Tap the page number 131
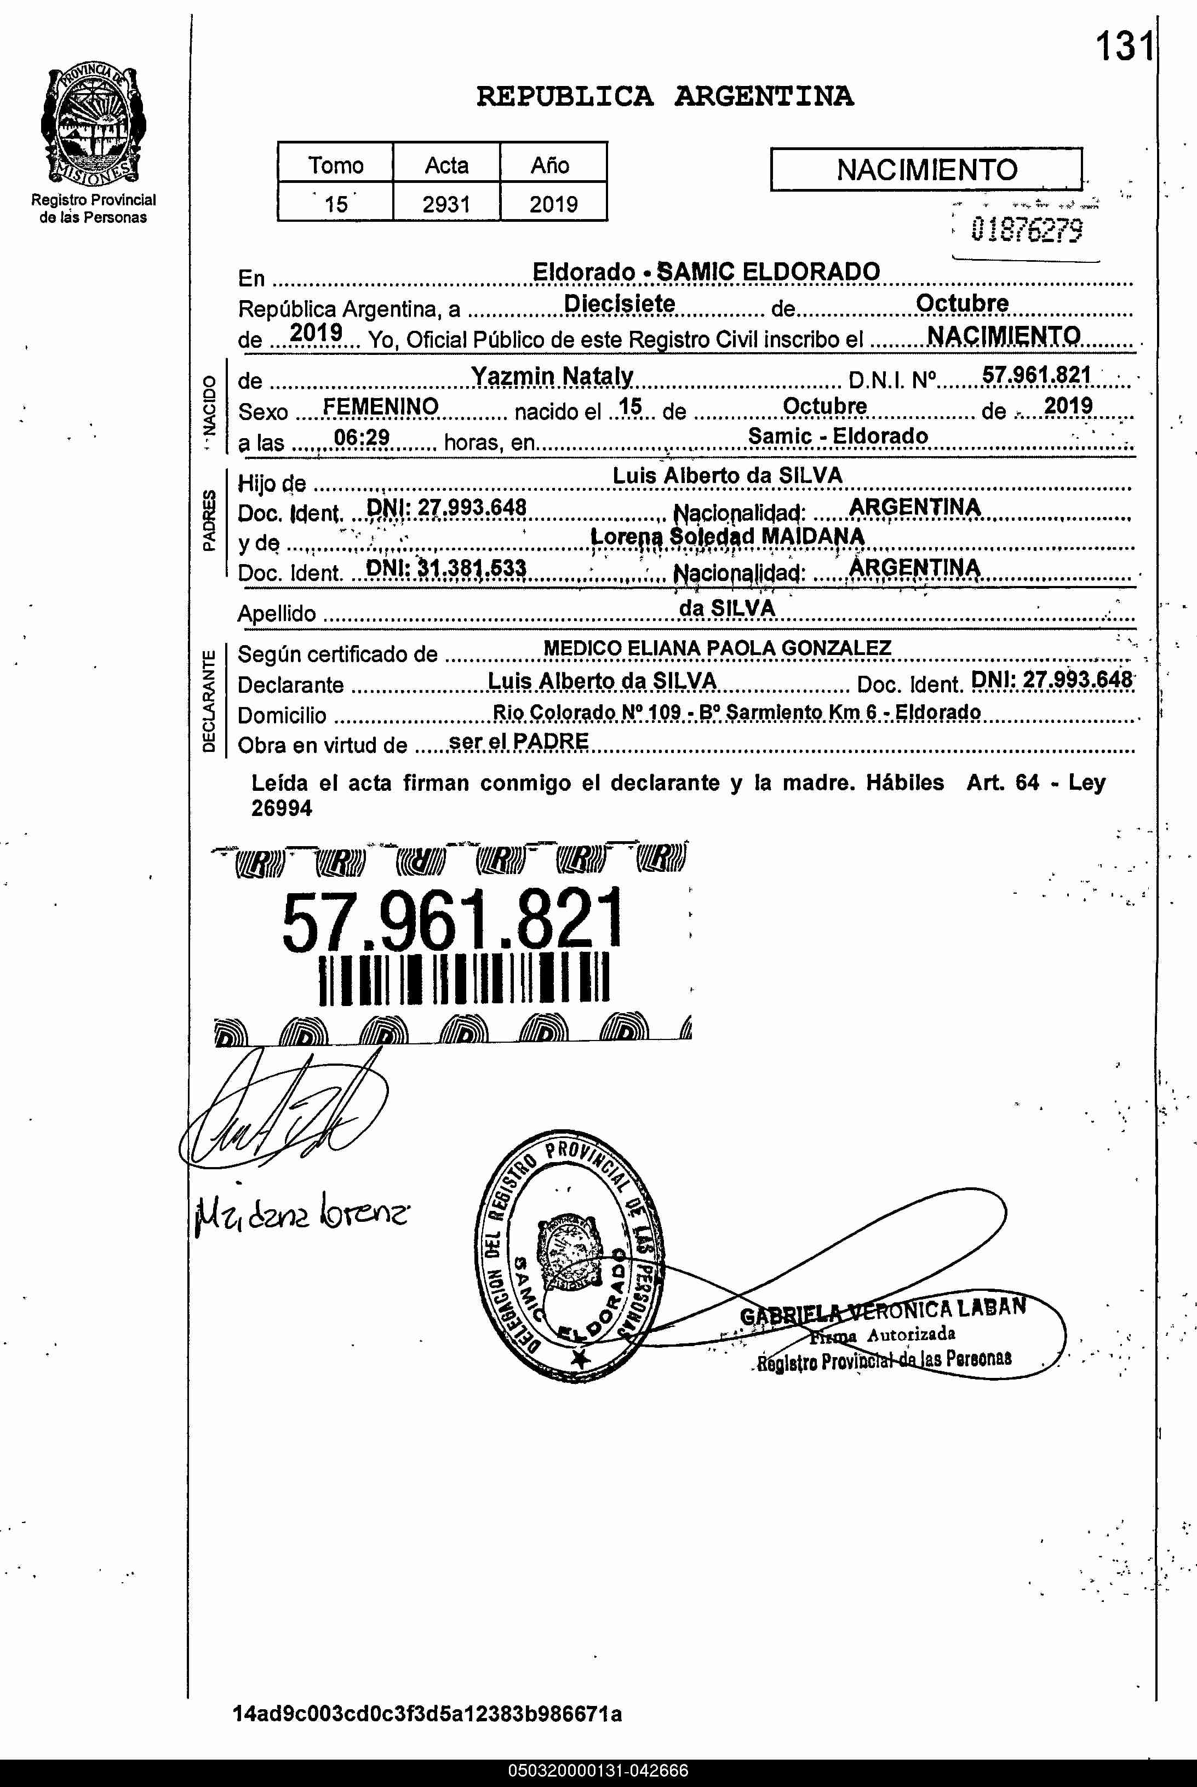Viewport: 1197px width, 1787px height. pyautogui.click(x=1124, y=47)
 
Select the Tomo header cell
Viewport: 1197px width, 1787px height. pyautogui.click(x=335, y=164)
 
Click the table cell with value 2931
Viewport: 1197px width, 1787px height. pyautogui.click(x=446, y=204)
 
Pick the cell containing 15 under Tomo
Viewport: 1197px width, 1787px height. pyautogui.click(x=335, y=204)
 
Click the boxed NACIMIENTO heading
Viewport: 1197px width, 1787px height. pyautogui.click(x=926, y=169)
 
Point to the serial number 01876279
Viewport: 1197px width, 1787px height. pyautogui.click(x=1026, y=229)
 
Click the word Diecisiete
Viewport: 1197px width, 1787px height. pyautogui.click(x=619, y=304)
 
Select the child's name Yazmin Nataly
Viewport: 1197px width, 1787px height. pyautogui.click(x=552, y=375)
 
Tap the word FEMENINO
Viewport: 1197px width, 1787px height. pyautogui.click(x=380, y=407)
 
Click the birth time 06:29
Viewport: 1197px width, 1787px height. pyautogui.click(x=362, y=437)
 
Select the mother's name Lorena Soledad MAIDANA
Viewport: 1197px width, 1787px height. pyautogui.click(x=727, y=536)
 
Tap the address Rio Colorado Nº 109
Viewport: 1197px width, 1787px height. pyautogui.click(x=586, y=712)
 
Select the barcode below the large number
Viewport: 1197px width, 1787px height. pyautogui.click(x=463, y=978)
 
